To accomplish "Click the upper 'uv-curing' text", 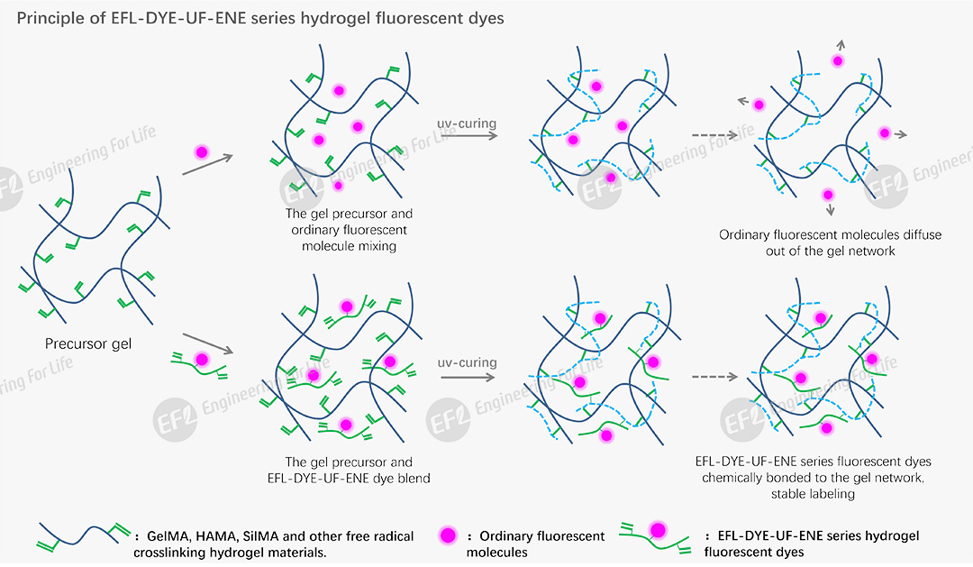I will [x=467, y=123].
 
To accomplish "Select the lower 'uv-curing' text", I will [x=467, y=362].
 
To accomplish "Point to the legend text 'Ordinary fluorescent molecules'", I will [x=535, y=544].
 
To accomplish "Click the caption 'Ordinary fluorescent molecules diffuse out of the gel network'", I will [x=830, y=242].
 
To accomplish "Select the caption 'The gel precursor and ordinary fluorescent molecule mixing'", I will [x=349, y=230].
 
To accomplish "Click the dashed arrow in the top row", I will [x=721, y=135].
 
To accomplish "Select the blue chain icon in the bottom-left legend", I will [x=83, y=535].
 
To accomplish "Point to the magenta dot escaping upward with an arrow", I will [x=838, y=60].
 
